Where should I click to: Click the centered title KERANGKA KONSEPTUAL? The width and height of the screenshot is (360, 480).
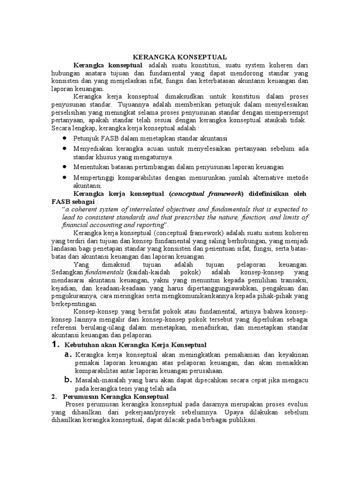tap(180, 56)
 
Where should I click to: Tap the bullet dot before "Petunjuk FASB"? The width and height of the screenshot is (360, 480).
tap(64, 138)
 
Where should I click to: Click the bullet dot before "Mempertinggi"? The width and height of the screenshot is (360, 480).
tap(64, 177)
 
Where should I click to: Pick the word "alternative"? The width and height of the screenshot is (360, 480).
tap(262, 178)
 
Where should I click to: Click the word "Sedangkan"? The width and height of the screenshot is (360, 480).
tap(67, 272)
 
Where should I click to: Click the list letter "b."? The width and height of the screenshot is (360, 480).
tap(68, 380)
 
